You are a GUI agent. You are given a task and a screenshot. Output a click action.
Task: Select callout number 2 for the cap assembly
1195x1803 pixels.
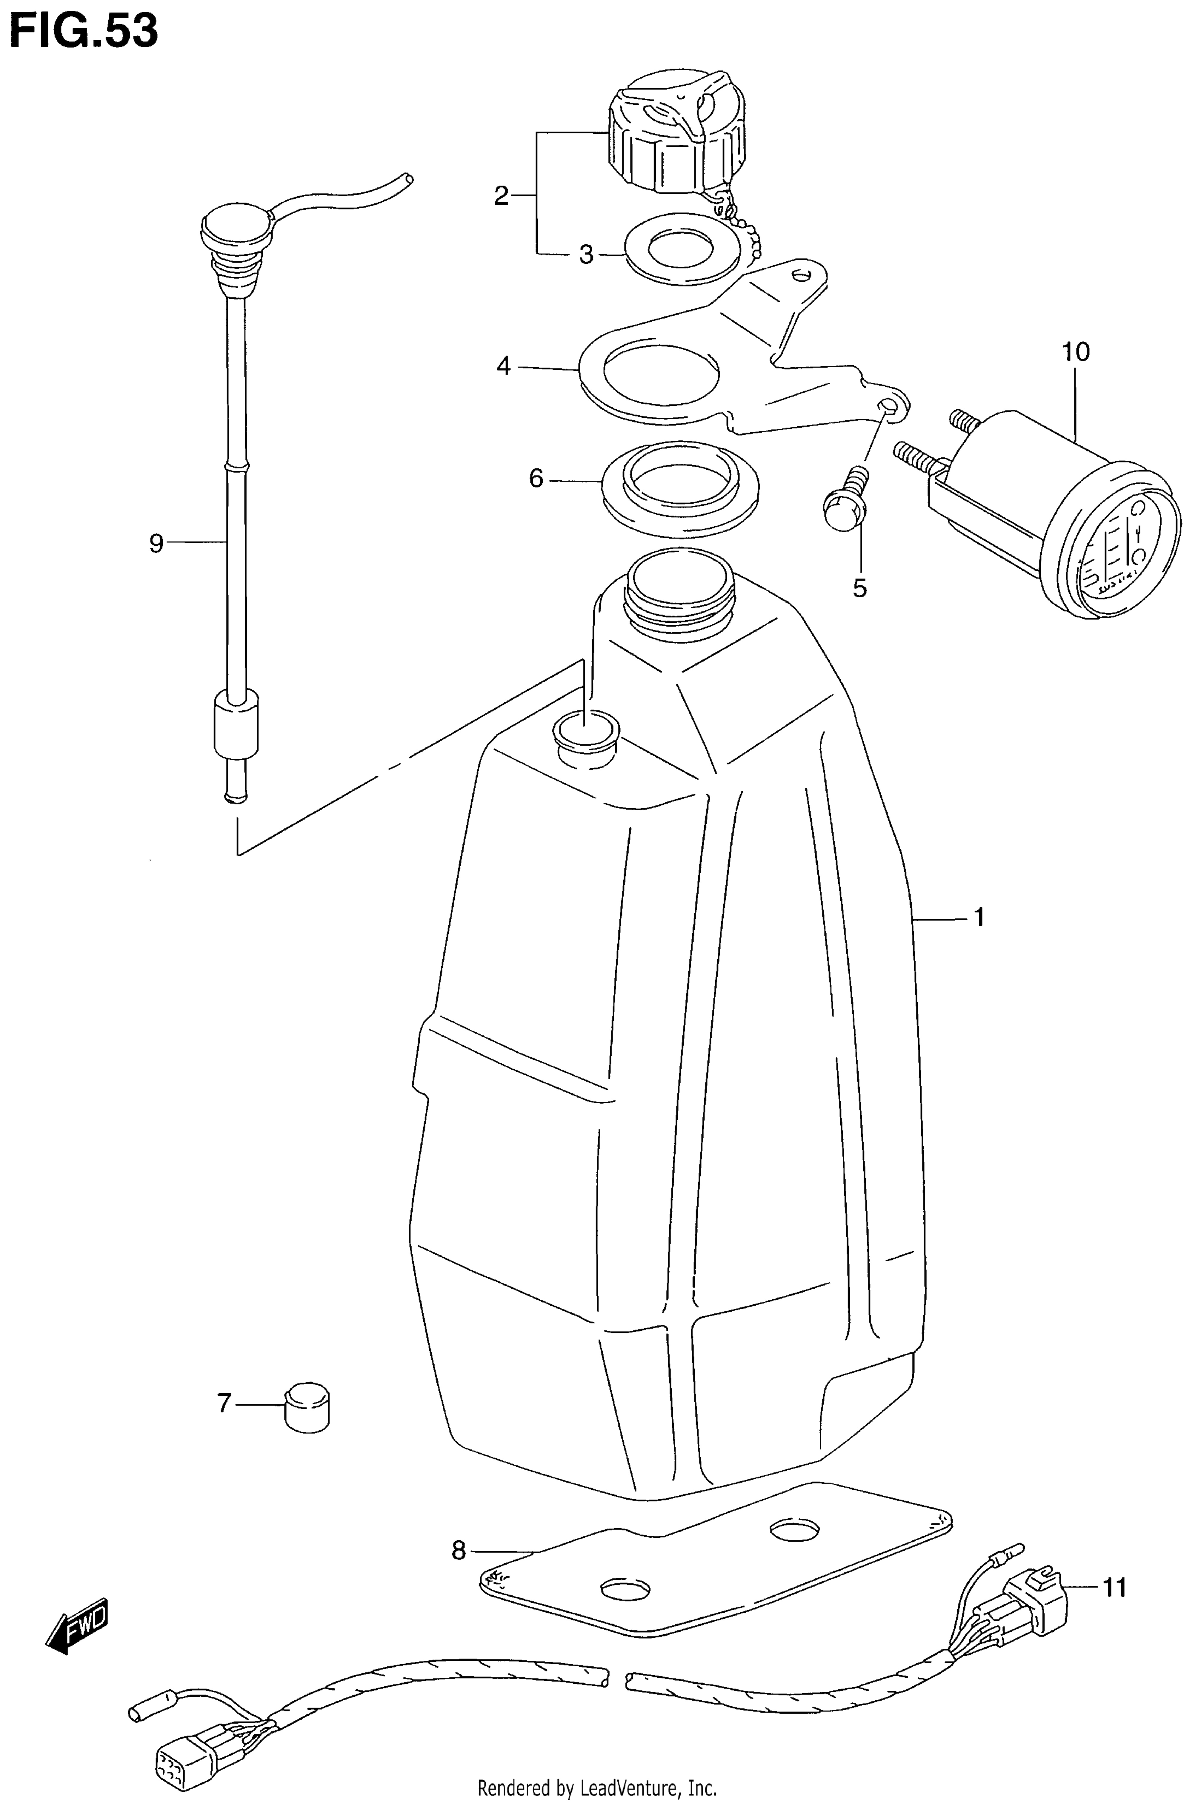501,197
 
